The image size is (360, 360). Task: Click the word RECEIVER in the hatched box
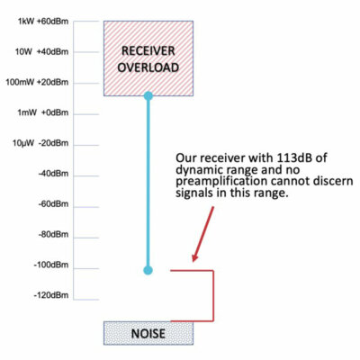[148, 49]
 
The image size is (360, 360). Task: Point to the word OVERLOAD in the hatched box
[148, 67]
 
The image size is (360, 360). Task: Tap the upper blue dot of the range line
[148, 94]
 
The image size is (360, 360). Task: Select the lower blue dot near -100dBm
[148, 269]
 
